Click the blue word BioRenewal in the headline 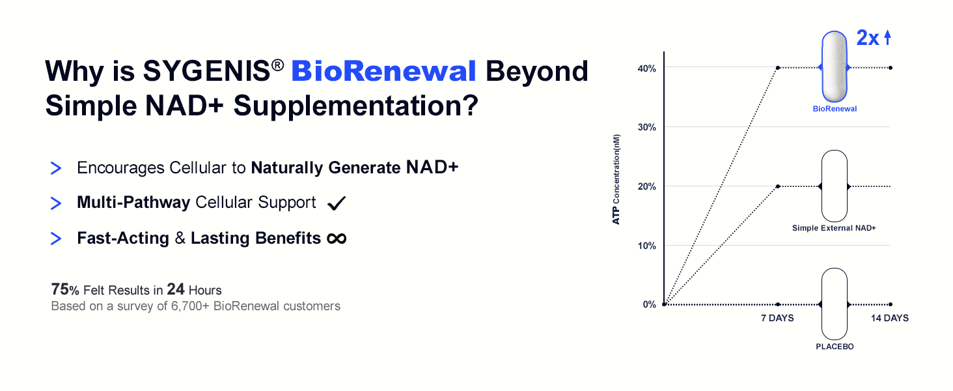click(x=384, y=70)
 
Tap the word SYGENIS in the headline click(x=206, y=70)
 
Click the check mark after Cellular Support click(x=337, y=203)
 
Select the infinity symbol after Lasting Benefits click(x=337, y=239)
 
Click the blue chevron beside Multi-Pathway click(x=56, y=203)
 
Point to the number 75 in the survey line click(x=60, y=289)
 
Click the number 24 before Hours click(x=175, y=289)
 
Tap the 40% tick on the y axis click(x=646, y=68)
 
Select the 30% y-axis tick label click(x=646, y=127)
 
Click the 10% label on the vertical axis click(x=646, y=246)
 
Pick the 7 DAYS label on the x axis click(x=777, y=318)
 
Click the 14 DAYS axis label click(x=890, y=318)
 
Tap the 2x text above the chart click(x=868, y=38)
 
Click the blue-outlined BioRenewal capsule click(x=835, y=66)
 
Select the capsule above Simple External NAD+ click(x=835, y=186)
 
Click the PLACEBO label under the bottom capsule click(x=835, y=347)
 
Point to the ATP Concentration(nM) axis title click(x=616, y=179)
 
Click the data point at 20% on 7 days click(x=778, y=186)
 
